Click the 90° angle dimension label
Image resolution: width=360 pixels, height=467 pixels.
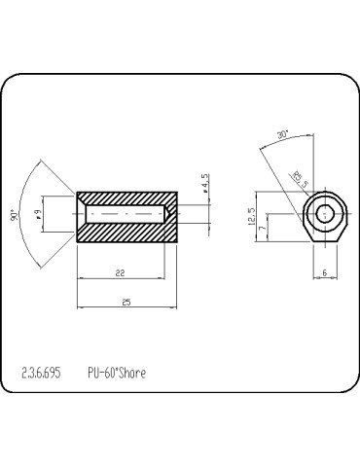pyautogui.click(x=14, y=215)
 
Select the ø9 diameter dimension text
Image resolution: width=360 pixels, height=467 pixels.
pyautogui.click(x=38, y=214)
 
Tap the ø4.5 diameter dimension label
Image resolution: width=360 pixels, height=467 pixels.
pyautogui.click(x=204, y=183)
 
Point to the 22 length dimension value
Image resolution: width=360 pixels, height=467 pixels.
pyautogui.click(x=121, y=273)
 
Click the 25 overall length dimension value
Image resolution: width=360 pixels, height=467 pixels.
pyautogui.click(x=126, y=303)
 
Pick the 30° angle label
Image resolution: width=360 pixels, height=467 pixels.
pyautogui.click(x=283, y=134)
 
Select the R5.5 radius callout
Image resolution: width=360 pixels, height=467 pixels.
pyautogui.click(x=300, y=179)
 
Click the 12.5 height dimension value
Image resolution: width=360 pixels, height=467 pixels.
pyautogui.click(x=252, y=217)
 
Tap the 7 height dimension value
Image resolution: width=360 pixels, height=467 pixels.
pyautogui.click(x=263, y=228)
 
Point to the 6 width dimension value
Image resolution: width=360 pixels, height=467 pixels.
pyautogui.click(x=325, y=272)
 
